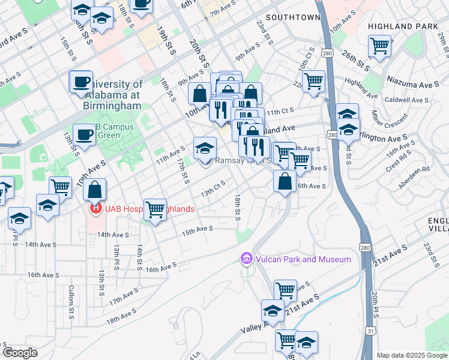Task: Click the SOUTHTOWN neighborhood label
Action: point(293,18)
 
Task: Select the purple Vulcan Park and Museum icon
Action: point(246,259)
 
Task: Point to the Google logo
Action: point(20,353)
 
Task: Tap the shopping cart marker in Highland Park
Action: point(380,45)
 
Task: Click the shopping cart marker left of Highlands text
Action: point(155,209)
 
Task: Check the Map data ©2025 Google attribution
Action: point(411,355)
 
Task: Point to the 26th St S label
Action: point(355,62)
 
